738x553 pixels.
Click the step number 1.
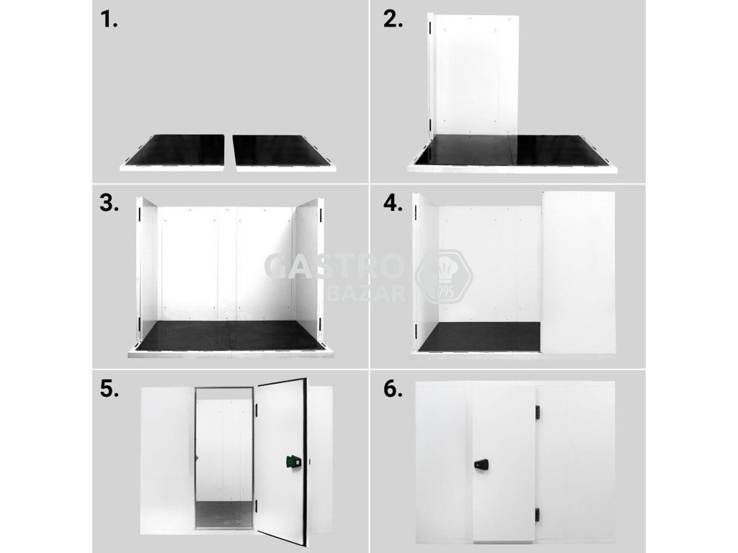(x=108, y=19)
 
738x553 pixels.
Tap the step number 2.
(x=393, y=19)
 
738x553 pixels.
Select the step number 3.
(x=110, y=204)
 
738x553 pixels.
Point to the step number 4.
(x=393, y=204)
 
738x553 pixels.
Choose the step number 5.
(x=110, y=390)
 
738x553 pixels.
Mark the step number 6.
(x=393, y=390)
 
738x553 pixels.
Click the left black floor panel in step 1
(x=178, y=150)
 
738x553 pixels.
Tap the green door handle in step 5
(x=293, y=463)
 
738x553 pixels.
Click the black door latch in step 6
(x=481, y=464)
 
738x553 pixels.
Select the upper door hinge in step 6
(x=537, y=413)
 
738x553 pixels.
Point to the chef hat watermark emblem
(x=444, y=276)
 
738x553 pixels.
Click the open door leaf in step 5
(x=282, y=462)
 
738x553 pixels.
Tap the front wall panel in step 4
(x=579, y=272)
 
